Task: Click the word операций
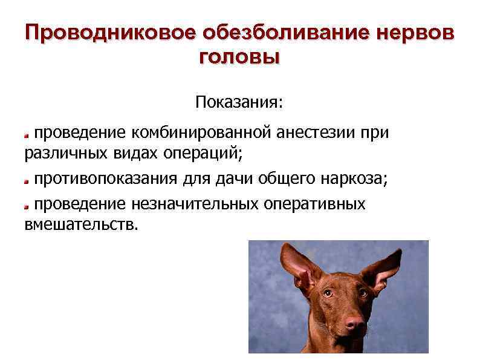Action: click(203, 154)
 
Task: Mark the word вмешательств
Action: click(81, 225)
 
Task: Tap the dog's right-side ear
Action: click(386, 266)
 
